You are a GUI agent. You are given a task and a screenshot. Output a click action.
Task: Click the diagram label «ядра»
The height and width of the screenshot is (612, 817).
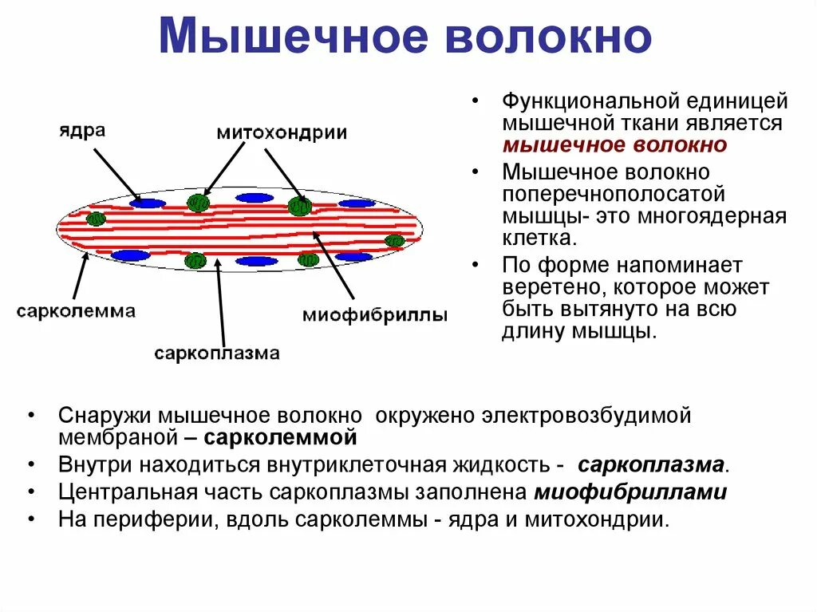[x=81, y=130]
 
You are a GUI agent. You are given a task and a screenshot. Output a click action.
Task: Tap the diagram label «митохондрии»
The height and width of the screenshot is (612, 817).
[x=282, y=132]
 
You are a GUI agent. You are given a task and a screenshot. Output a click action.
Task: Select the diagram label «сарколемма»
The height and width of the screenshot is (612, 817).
[x=76, y=311]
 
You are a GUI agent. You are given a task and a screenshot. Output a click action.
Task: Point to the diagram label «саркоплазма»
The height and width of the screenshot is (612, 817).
[x=217, y=353]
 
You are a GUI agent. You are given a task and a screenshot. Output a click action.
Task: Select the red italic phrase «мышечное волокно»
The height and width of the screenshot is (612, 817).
[x=614, y=145]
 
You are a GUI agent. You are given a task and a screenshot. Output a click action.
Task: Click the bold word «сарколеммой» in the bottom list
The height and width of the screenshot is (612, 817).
[x=280, y=438]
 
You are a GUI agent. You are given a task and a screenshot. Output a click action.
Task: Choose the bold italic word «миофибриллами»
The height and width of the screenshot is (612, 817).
[x=630, y=492]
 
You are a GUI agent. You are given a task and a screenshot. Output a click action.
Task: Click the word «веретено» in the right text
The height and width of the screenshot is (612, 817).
[x=550, y=286]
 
